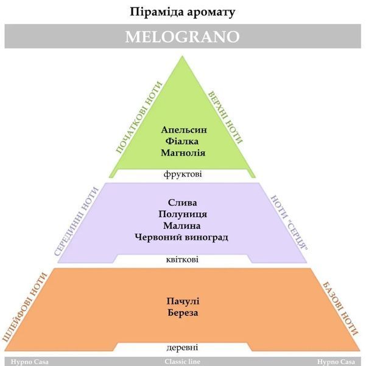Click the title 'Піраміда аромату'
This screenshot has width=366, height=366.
[x=182, y=12]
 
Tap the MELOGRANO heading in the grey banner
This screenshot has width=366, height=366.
[x=183, y=37]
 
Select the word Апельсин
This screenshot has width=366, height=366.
[x=184, y=130]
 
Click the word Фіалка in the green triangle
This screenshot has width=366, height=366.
[x=182, y=142]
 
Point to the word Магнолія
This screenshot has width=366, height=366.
[x=183, y=153]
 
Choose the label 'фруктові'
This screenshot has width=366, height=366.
[x=183, y=174]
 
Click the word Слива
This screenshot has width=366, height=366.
[x=182, y=203]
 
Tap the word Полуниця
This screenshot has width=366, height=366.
[x=183, y=214]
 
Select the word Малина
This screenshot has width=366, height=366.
[x=182, y=226]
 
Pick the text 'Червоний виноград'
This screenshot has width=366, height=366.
[x=181, y=238]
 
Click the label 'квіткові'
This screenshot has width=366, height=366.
[x=182, y=260]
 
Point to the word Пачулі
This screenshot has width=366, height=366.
[x=183, y=301]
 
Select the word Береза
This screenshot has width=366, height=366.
[x=183, y=313]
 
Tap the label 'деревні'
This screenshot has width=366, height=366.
[x=182, y=348]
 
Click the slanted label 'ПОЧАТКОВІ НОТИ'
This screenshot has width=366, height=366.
[x=139, y=117]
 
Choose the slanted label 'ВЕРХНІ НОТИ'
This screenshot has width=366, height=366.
[x=225, y=117]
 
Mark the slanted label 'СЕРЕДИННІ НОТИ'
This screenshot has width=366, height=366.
[x=77, y=221]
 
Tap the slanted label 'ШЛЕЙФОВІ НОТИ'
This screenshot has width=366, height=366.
[x=25, y=308]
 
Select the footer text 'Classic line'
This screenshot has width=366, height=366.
[x=182, y=362]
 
